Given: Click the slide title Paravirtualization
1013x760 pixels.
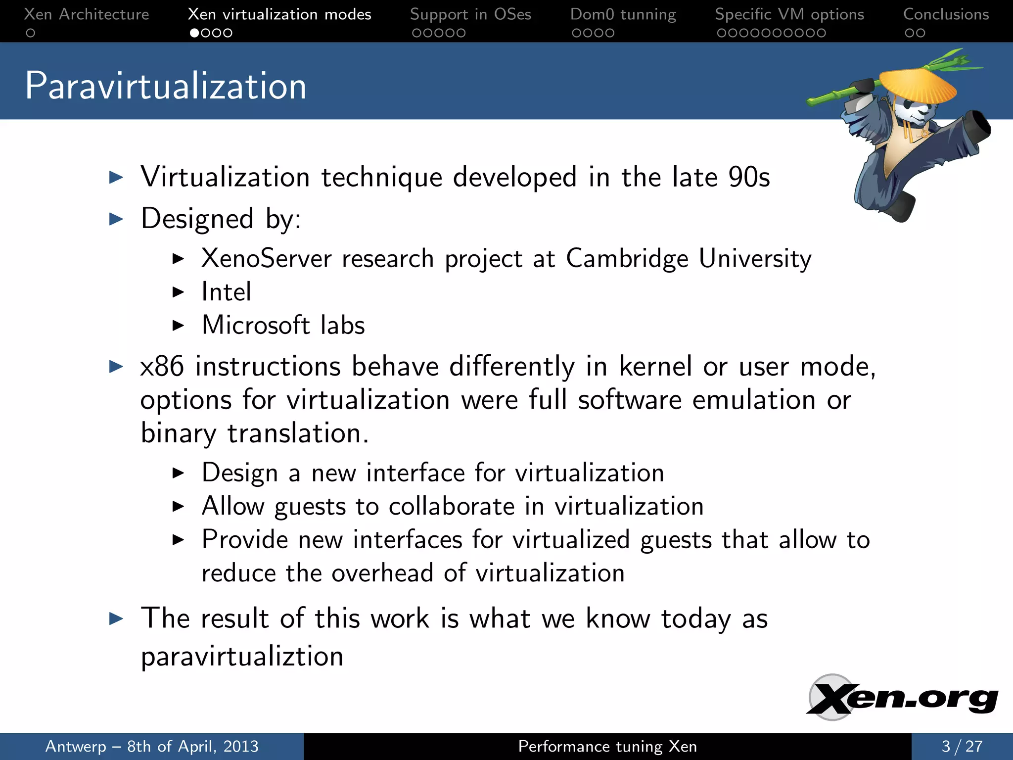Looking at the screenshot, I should click(x=166, y=86).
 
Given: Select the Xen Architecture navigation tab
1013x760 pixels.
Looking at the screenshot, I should click(x=87, y=14).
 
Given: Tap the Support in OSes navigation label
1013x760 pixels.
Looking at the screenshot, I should click(x=470, y=14).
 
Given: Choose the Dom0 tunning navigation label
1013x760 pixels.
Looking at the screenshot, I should click(x=623, y=14).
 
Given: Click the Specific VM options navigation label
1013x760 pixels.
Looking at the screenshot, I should click(x=789, y=14).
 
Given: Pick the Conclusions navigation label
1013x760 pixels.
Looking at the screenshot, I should click(x=946, y=14).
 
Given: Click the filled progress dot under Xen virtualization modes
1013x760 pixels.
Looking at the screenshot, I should click(x=195, y=33).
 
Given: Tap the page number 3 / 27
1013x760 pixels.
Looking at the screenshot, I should click(x=962, y=746).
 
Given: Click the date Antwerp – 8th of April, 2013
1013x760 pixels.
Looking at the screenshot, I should click(x=152, y=746).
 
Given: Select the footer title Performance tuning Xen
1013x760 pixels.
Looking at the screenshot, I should click(x=607, y=746).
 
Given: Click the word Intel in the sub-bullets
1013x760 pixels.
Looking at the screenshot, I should click(x=227, y=291).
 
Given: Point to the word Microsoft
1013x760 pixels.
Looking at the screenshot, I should click(x=256, y=325).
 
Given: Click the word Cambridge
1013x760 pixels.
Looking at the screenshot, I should click(x=627, y=258).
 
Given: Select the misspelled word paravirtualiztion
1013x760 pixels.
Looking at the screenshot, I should click(x=242, y=657).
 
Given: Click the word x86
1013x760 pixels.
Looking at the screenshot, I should click(x=162, y=367).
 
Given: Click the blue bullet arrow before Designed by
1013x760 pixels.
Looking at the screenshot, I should click(x=116, y=219).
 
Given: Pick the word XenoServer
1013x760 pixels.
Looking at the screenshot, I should click(x=266, y=258).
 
